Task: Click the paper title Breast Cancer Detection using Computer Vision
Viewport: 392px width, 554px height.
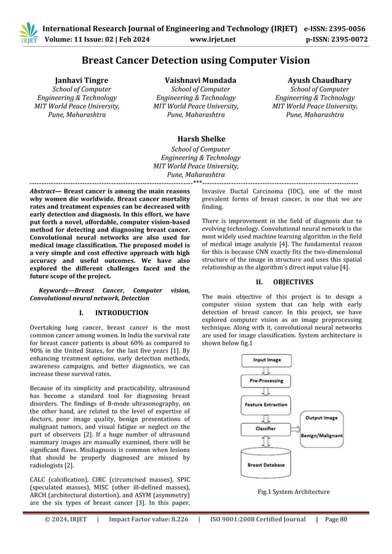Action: point(196,60)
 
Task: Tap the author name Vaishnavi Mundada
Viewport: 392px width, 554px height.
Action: point(196,80)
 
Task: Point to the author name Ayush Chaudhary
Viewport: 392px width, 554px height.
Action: point(319,80)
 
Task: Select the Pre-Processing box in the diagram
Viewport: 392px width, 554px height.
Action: point(266,381)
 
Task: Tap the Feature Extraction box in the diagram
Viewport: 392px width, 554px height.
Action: point(266,405)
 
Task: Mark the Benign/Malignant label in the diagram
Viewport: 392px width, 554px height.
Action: point(322,435)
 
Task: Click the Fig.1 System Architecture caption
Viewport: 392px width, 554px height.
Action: point(294,491)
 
